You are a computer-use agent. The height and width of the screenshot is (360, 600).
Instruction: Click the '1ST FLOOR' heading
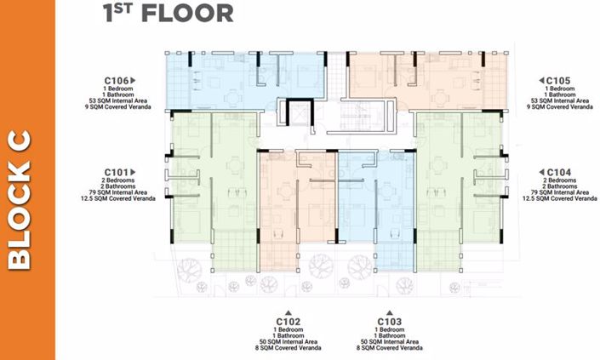(x=167, y=13)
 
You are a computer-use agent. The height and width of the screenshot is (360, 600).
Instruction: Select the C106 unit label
(x=119, y=81)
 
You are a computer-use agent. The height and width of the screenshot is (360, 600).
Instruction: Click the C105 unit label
(x=556, y=81)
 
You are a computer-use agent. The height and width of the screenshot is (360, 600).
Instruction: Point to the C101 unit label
(x=118, y=170)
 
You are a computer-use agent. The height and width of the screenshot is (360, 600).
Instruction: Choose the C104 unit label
(x=557, y=171)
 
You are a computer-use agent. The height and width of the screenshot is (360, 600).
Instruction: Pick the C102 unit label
(x=289, y=321)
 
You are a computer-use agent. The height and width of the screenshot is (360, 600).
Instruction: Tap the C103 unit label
(x=390, y=321)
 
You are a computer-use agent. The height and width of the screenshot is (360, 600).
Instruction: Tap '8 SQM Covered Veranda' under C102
(x=289, y=349)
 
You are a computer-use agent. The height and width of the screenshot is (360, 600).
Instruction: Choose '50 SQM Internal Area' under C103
(x=390, y=342)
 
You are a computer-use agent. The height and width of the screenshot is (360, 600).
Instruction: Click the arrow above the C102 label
(x=289, y=311)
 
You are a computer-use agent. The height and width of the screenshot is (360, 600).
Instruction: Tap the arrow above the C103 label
(x=390, y=311)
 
